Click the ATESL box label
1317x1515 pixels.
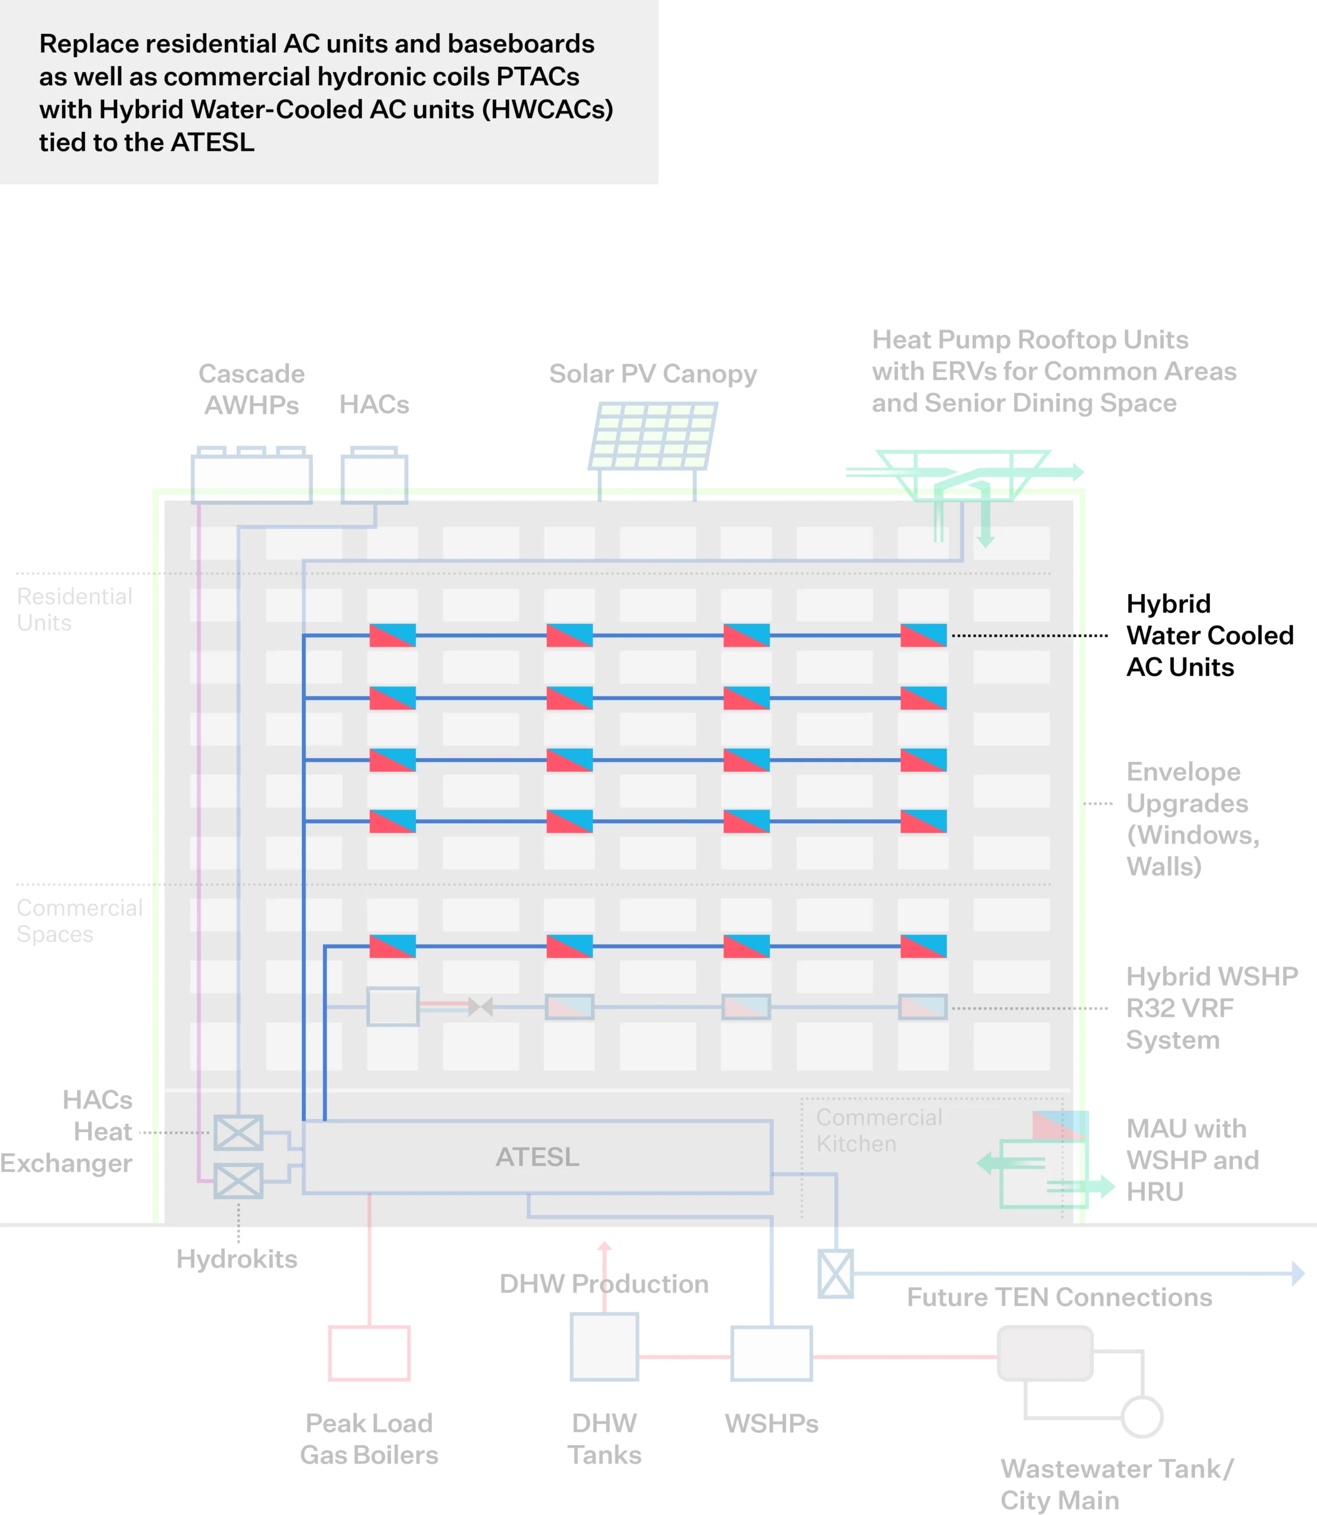537,1157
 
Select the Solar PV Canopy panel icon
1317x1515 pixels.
653,436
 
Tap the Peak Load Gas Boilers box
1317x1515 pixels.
369,1353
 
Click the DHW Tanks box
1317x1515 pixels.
604,1347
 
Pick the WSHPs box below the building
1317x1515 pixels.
771,1353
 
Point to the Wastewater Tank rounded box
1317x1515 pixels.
1044,1353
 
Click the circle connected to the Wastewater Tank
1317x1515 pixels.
1141,1417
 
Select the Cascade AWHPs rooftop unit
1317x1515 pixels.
251,478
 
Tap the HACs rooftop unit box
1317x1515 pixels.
374,478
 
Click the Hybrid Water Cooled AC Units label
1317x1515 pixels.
1209,635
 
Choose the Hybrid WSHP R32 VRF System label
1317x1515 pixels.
1211,1008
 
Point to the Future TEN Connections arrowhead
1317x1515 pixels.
1298,1273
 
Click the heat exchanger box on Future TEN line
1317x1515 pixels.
835,1273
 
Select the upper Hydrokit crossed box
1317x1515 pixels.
238,1132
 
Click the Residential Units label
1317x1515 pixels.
74,610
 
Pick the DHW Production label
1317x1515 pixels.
603,1284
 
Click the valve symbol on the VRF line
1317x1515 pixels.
480,1006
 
